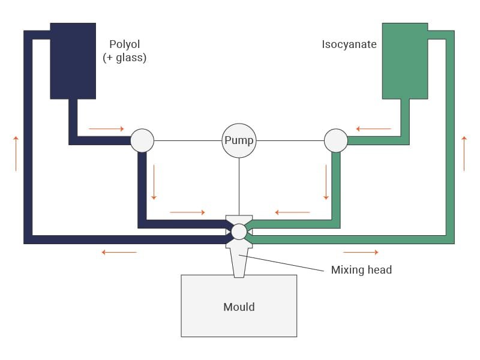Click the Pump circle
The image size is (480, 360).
[x=239, y=141]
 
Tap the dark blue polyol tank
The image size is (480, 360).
[x=73, y=61]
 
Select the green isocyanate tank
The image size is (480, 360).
[x=405, y=61]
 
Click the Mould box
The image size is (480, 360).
[x=239, y=306]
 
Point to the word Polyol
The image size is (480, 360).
[x=125, y=44]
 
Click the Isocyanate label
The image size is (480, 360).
[x=349, y=44]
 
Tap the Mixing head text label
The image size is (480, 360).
[x=362, y=269]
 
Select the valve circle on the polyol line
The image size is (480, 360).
[x=142, y=140]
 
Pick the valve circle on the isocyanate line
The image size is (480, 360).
[x=336, y=140]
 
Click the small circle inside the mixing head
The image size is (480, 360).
[x=239, y=232]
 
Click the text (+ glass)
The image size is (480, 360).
[x=125, y=58]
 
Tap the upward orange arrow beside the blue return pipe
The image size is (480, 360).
[x=16, y=154]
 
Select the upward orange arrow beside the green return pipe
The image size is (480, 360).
[x=464, y=154]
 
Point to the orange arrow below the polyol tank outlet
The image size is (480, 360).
[x=107, y=129]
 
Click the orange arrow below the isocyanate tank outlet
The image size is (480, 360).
[x=374, y=129]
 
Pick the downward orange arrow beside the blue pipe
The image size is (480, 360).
[x=154, y=182]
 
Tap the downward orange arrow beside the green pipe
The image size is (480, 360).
[x=326, y=182]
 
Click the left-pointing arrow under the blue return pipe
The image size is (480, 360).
[x=119, y=252]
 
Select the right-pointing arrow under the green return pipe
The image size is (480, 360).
[x=361, y=252]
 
